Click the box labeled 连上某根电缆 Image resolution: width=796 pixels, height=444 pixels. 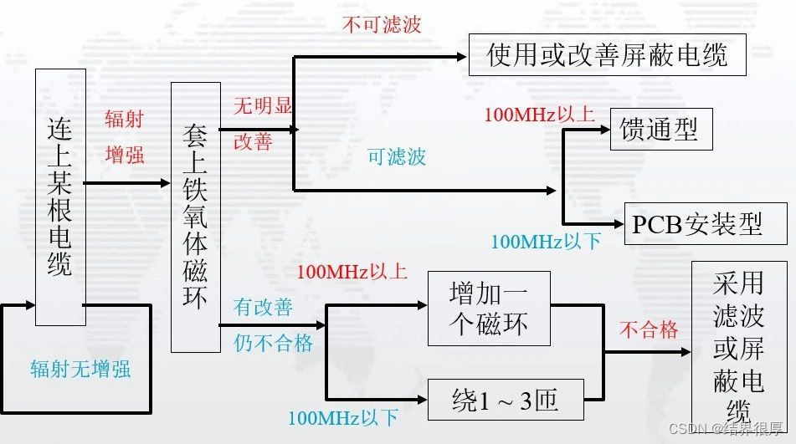tap(60, 196)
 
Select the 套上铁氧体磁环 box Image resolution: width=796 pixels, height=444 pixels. tap(195, 217)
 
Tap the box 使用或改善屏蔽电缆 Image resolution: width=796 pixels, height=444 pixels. tap(607, 55)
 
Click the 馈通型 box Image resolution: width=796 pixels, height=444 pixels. tap(660, 130)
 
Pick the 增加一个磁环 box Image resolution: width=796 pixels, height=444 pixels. tap(489, 308)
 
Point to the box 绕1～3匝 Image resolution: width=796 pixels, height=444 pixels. tap(506, 401)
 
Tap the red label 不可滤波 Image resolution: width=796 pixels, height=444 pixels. tap(382, 24)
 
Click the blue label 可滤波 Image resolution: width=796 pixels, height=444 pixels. tap(397, 156)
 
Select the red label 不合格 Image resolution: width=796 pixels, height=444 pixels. tap(649, 329)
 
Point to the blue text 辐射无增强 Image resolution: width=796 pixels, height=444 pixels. tap(80, 370)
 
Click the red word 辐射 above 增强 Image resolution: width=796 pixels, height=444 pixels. tap(124, 119)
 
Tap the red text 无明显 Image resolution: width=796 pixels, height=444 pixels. tap(262, 106)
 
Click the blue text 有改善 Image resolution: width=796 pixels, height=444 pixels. tap(263, 307)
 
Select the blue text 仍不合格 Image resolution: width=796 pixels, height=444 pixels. tap(273, 343)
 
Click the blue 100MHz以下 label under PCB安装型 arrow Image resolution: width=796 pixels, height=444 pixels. tap(545, 242)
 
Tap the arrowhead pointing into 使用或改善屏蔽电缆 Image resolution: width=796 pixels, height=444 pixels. tap(460, 57)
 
